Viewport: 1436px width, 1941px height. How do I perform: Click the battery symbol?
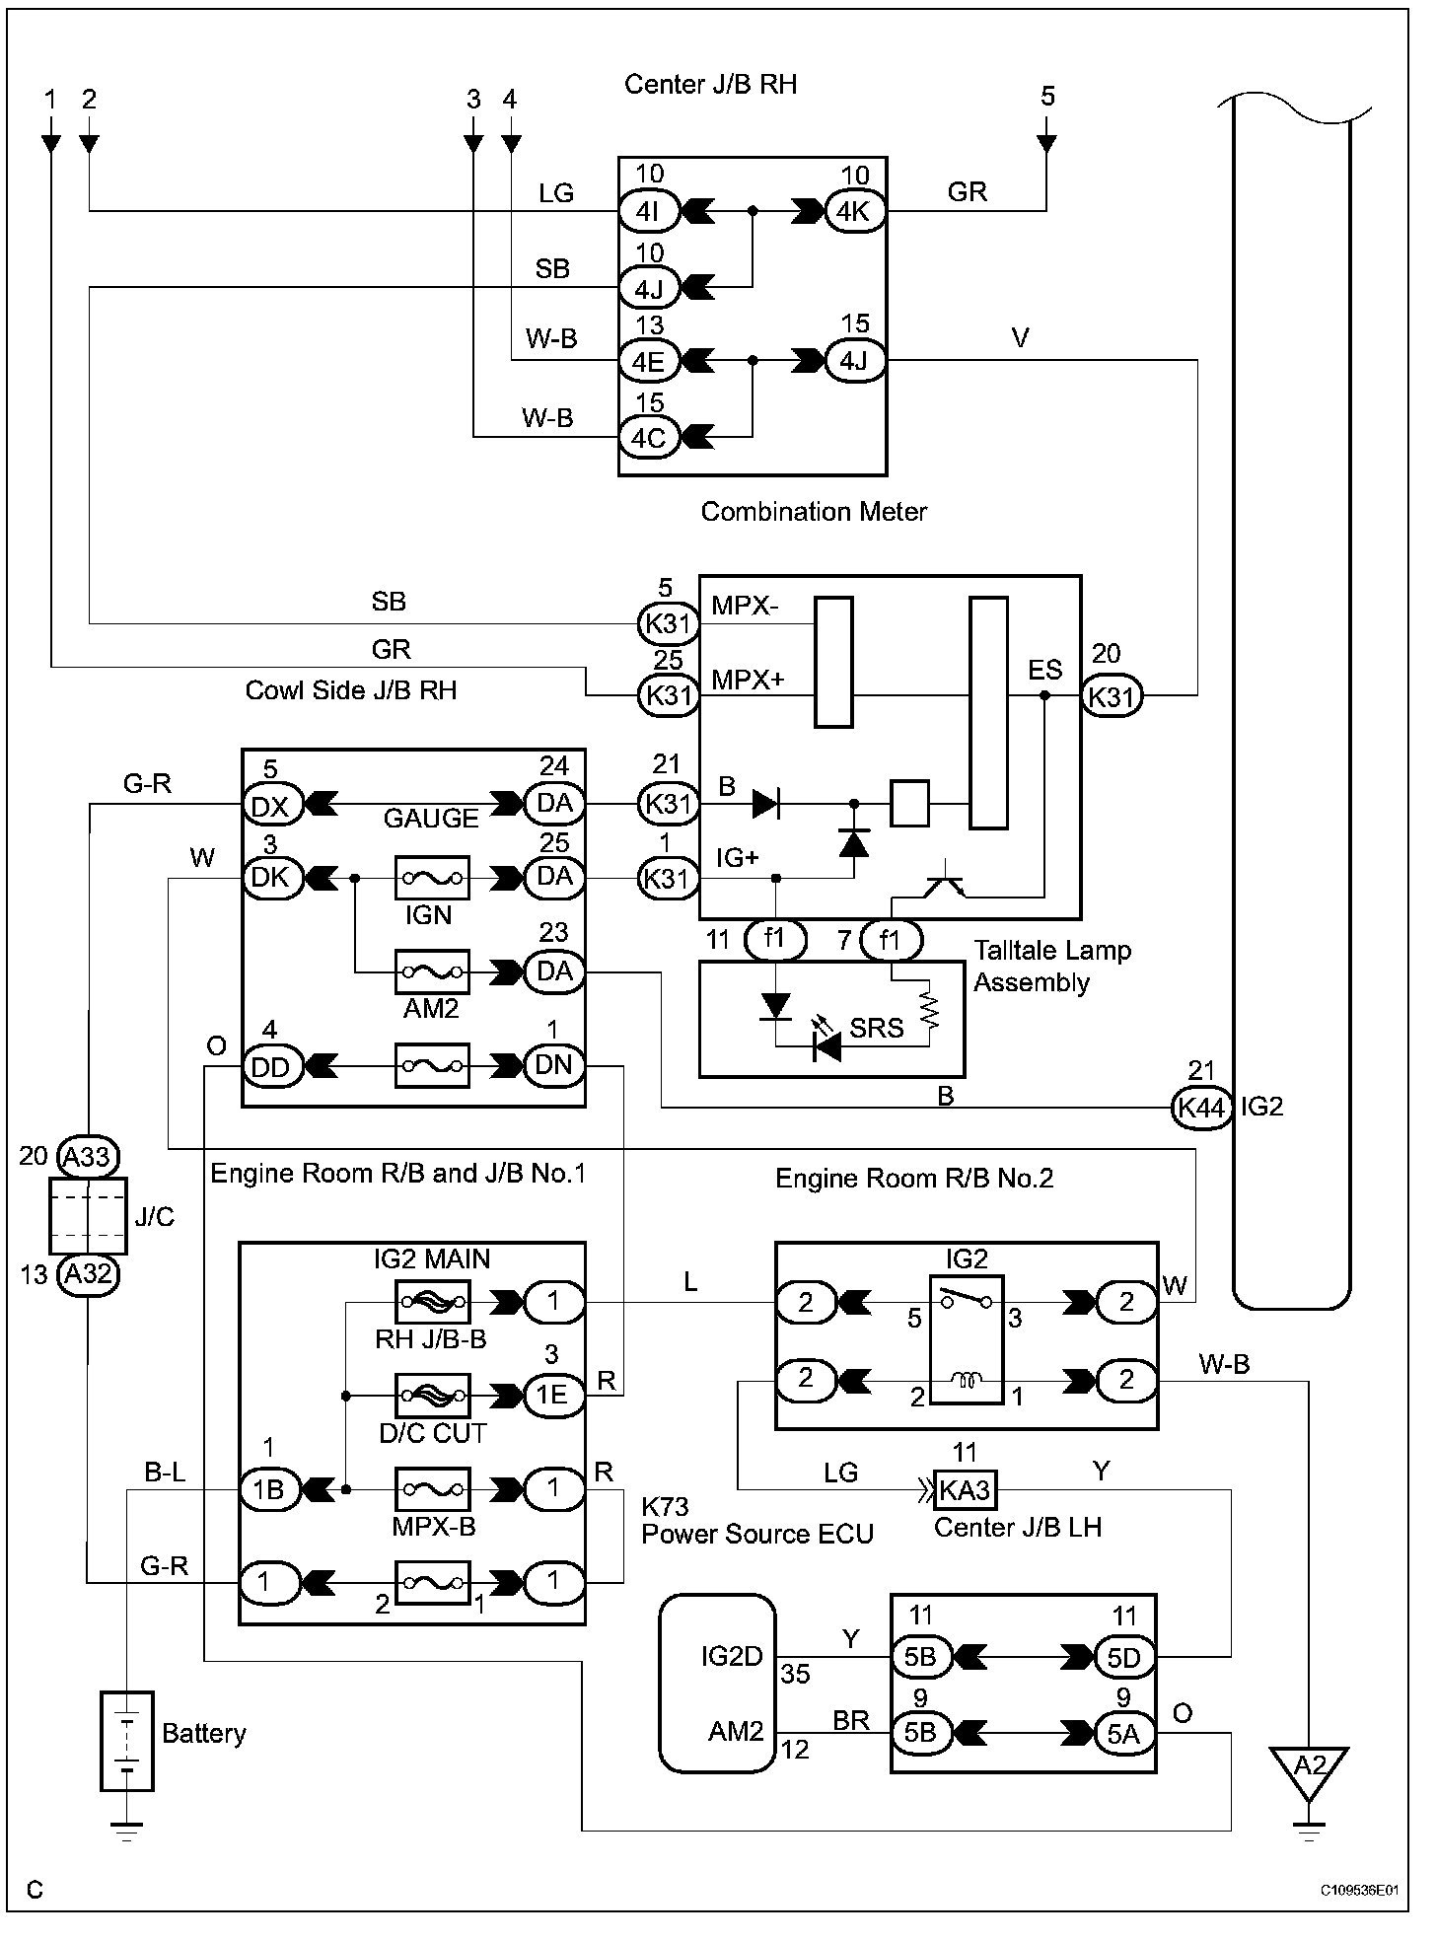tap(127, 1741)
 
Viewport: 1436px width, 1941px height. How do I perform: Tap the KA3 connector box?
tap(964, 1490)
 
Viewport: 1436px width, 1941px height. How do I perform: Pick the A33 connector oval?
tap(87, 1156)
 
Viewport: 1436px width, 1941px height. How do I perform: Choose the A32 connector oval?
tap(87, 1274)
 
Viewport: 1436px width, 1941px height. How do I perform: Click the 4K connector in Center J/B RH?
tap(854, 211)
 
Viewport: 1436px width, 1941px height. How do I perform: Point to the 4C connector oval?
tap(649, 437)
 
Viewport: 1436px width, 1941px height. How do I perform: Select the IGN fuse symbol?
tap(432, 878)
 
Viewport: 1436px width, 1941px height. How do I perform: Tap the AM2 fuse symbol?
tap(432, 971)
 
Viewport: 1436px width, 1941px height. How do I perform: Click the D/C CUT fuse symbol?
tap(432, 1396)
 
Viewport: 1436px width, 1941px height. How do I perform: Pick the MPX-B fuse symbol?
tap(432, 1489)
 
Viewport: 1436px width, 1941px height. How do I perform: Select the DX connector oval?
tap(271, 807)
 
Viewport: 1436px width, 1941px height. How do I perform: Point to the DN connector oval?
tap(553, 1066)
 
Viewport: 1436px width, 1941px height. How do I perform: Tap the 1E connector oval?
tap(553, 1395)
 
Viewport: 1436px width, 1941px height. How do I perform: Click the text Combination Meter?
tap(814, 511)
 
